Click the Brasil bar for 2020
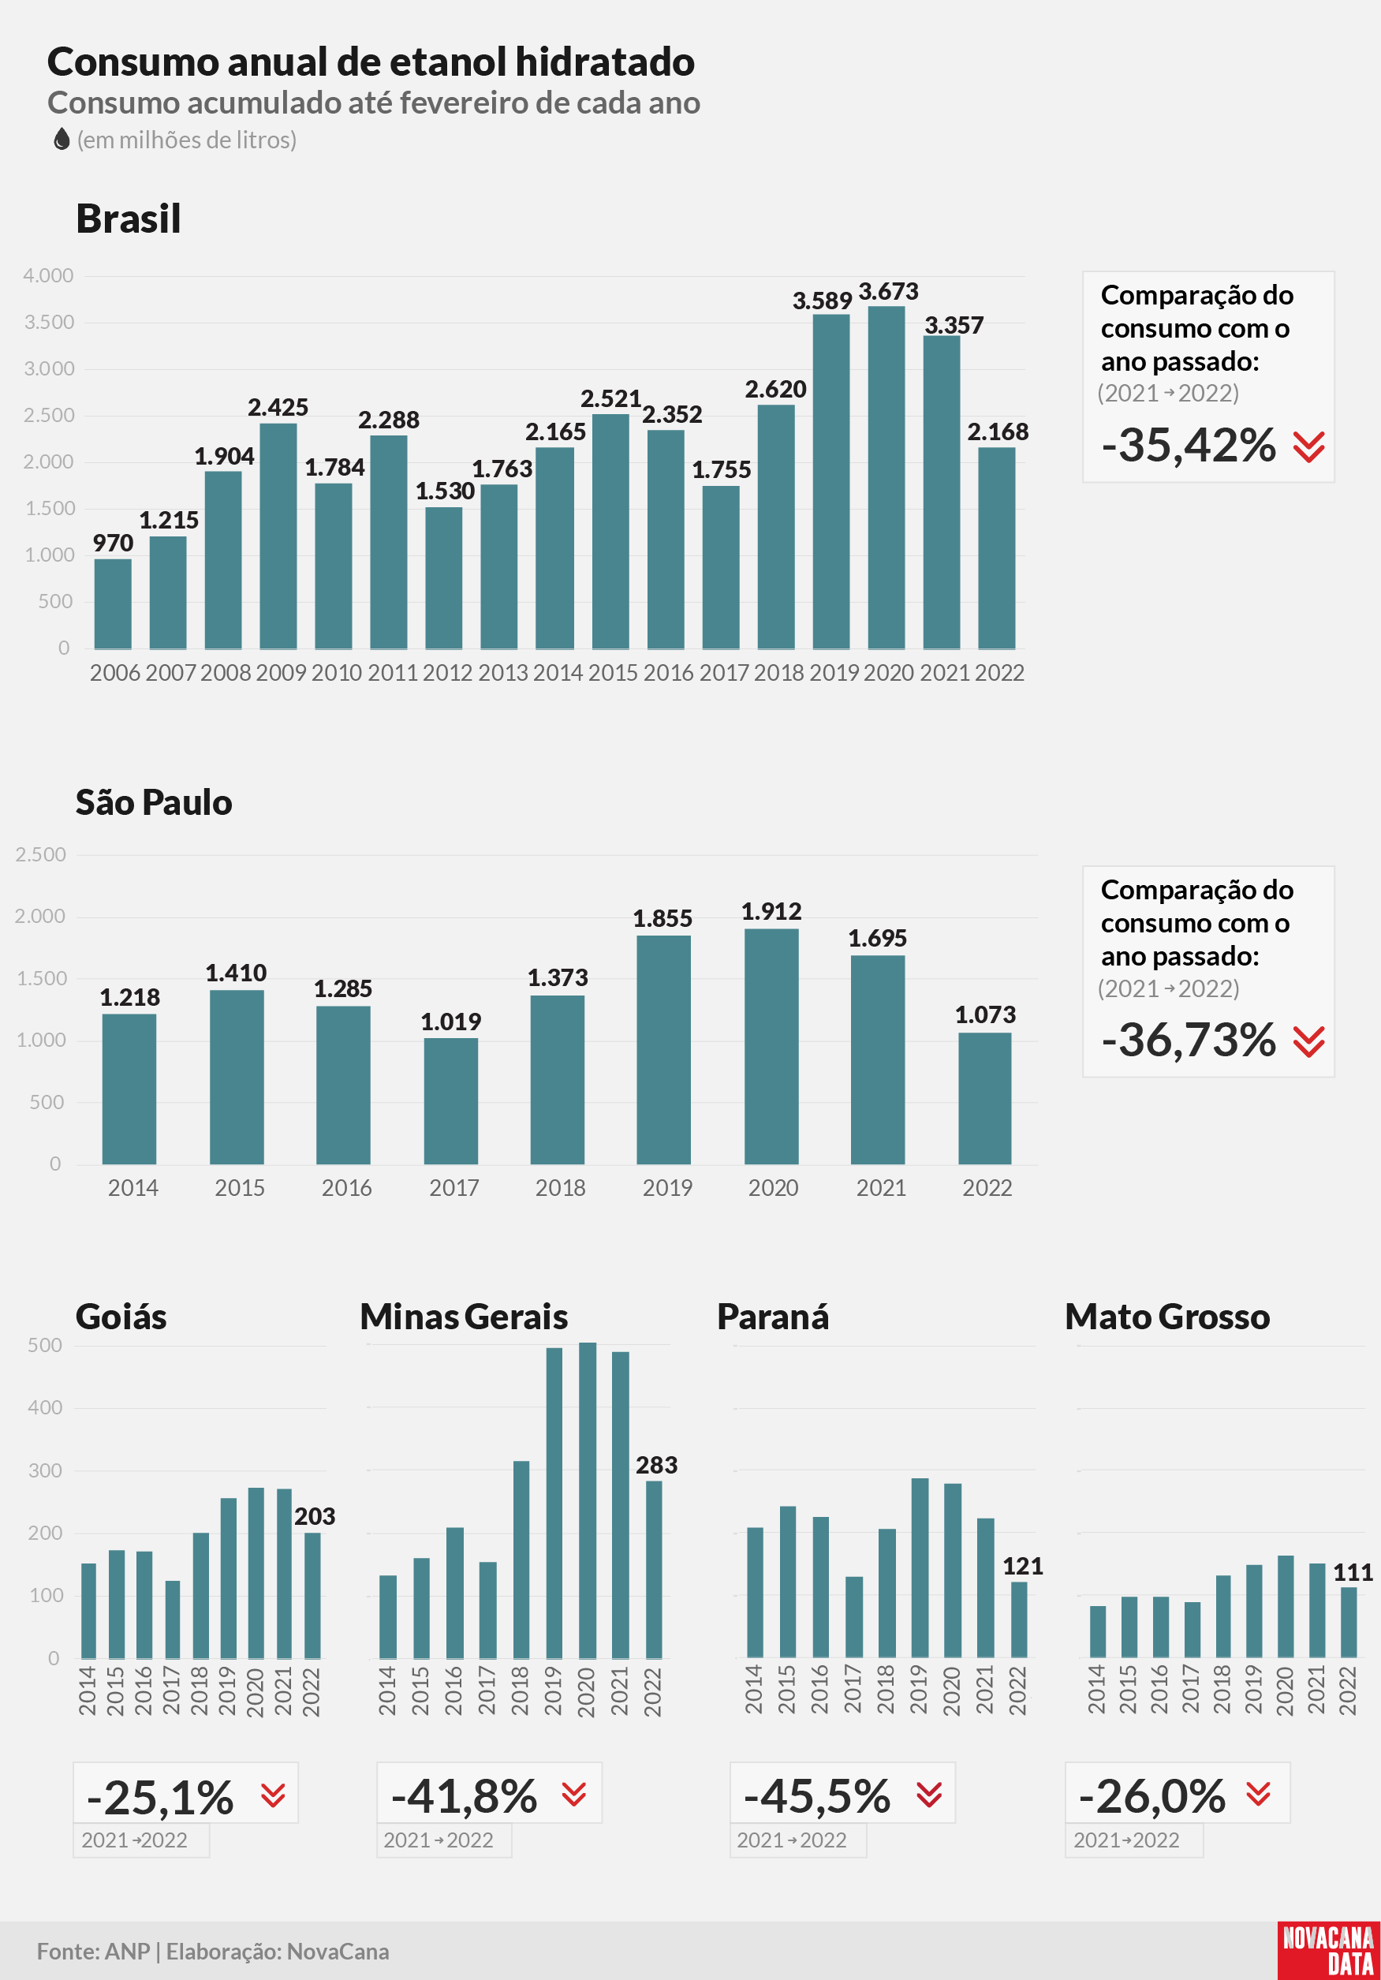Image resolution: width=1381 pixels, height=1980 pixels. click(886, 477)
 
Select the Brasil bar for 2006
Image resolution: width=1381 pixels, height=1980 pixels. click(113, 603)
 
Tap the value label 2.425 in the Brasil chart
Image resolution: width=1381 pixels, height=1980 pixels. click(278, 407)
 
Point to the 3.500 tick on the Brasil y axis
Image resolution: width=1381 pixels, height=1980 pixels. click(49, 323)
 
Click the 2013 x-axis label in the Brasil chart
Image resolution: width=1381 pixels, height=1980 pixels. click(502, 673)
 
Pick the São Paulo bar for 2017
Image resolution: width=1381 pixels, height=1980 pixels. click(451, 1100)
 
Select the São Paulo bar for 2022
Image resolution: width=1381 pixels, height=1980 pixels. click(985, 1098)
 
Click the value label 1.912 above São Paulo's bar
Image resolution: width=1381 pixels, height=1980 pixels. click(771, 912)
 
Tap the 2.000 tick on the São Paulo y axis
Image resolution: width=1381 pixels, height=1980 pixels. click(40, 917)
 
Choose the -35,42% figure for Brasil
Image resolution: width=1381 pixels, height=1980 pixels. click(1189, 445)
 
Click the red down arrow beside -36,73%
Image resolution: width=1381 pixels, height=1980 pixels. click(1308, 1042)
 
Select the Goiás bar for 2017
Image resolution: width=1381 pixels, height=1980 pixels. click(173, 1619)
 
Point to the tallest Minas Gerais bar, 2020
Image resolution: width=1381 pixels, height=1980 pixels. click(587, 1500)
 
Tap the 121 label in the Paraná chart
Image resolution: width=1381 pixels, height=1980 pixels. click(1023, 1566)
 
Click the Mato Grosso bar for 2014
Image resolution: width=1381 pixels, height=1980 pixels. click(1097, 1631)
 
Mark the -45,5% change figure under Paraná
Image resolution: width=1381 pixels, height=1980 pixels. click(816, 1796)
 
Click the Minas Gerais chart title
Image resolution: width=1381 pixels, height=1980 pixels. click(464, 1317)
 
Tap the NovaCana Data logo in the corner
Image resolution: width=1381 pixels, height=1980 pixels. click(1328, 1951)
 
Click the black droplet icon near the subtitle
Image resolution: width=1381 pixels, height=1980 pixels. click(62, 139)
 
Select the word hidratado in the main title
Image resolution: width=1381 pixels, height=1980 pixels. click(604, 62)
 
